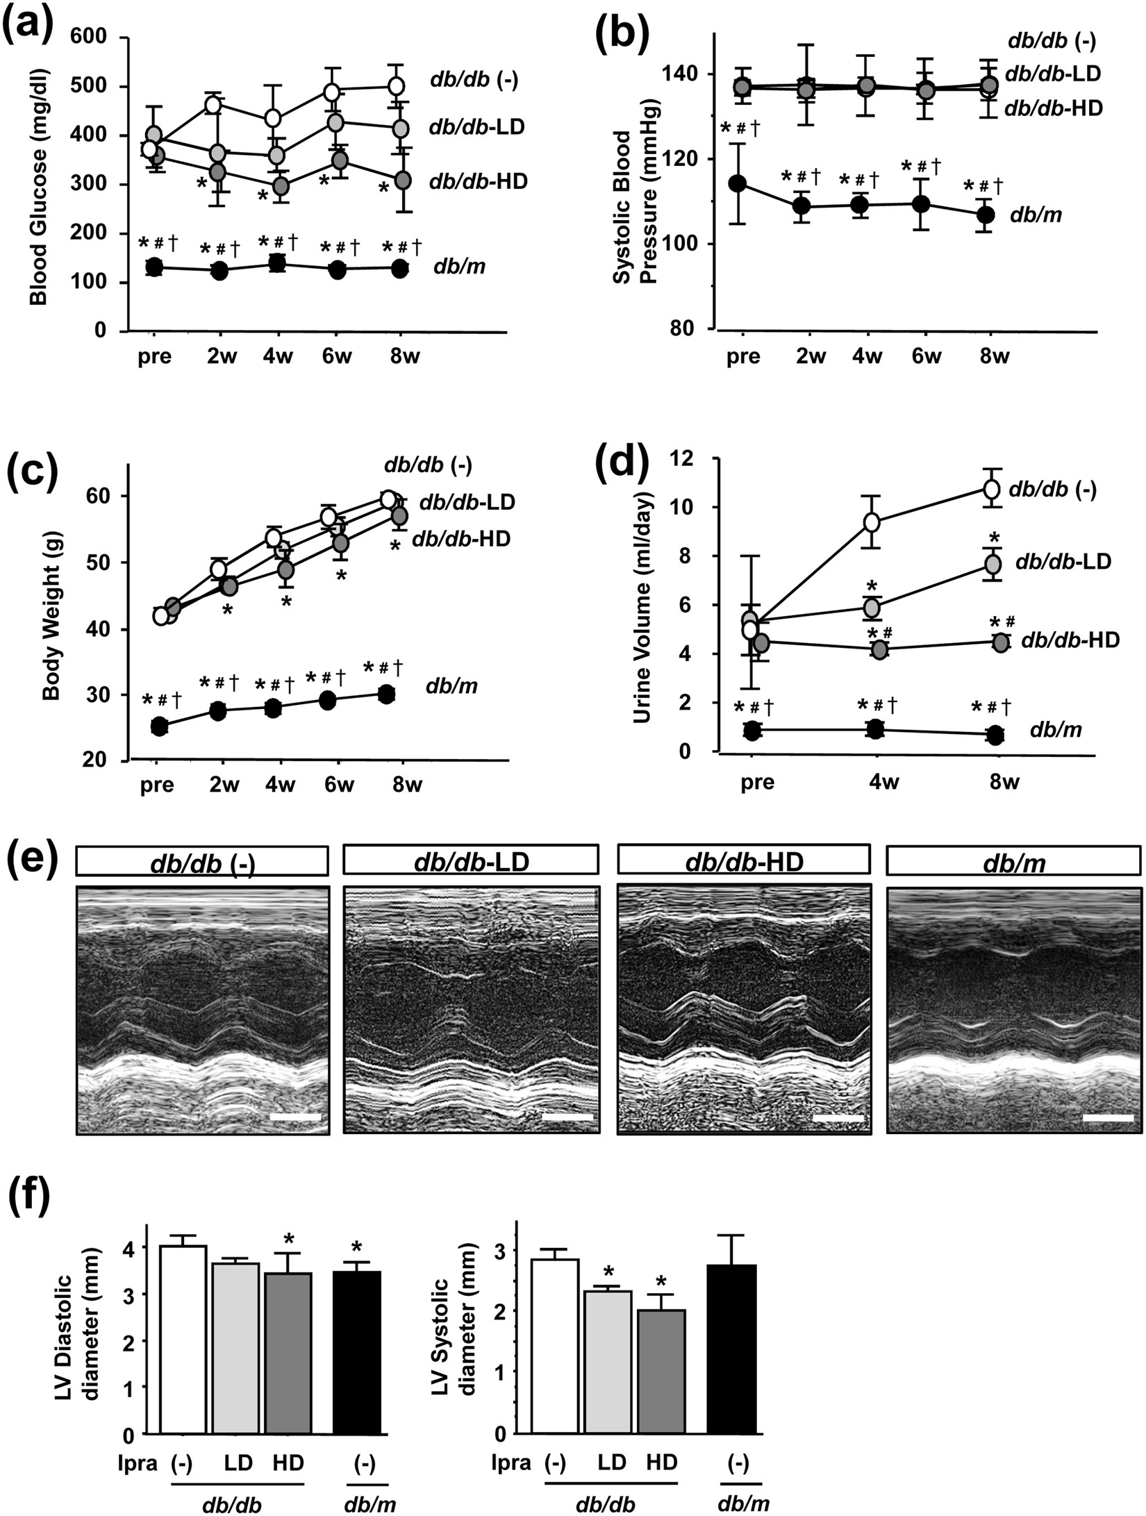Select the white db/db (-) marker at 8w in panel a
[396, 86]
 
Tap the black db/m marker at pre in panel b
[738, 183]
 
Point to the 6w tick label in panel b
[926, 357]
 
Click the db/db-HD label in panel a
[479, 182]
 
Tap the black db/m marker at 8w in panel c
[386, 694]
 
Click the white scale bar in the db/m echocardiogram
[1108, 1118]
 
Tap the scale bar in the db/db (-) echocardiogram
[295, 1117]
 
